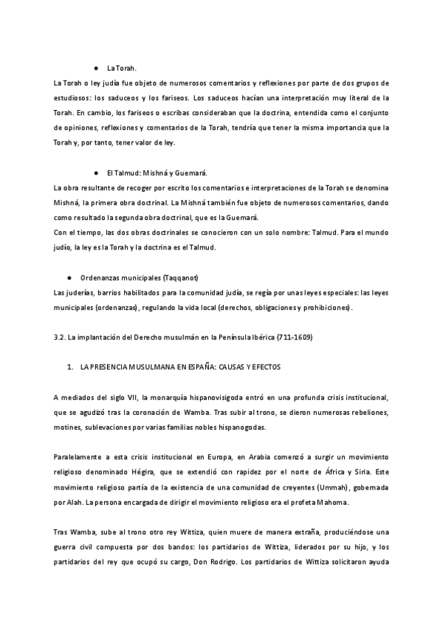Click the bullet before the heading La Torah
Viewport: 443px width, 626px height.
point(97,67)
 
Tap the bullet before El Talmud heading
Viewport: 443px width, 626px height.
point(97,172)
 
